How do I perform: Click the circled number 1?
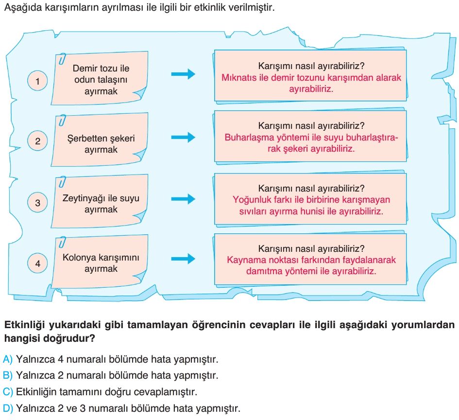37,81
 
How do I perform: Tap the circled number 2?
37,141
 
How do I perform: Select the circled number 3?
37,202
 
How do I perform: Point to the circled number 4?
37,263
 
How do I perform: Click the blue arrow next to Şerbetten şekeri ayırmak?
183,137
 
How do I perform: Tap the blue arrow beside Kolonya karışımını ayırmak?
183,259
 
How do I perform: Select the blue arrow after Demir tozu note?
183,74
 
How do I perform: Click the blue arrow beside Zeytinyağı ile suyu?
183,199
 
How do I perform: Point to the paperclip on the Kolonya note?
62,242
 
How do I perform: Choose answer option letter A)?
8,359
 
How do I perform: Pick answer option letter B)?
8,375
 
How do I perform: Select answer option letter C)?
8,392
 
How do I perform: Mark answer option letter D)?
8,408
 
